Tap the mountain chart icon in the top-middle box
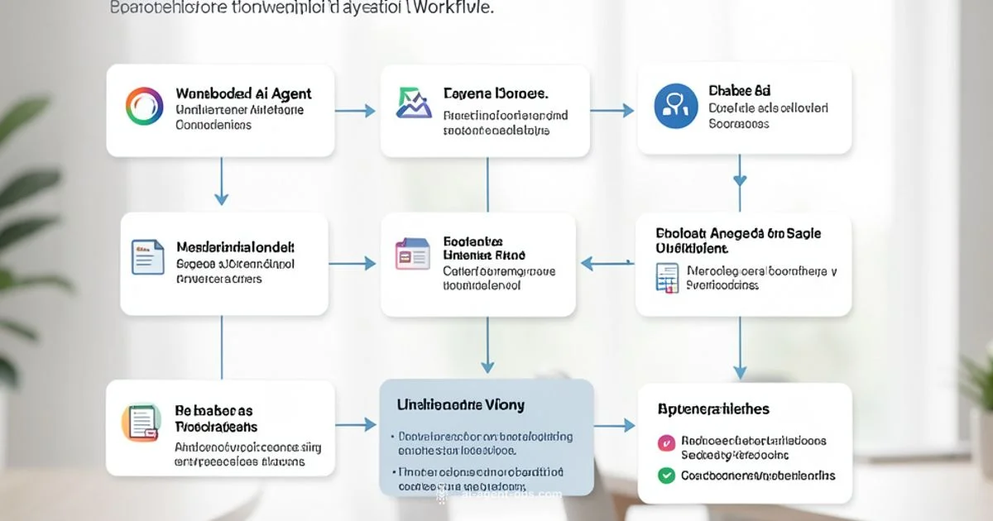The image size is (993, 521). tap(414, 103)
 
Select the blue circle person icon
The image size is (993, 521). tap(675, 107)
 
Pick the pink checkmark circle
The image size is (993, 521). tap(665, 443)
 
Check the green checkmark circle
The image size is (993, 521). tap(665, 476)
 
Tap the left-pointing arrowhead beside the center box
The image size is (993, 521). tap(587, 264)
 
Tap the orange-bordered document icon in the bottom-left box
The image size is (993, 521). tap(139, 422)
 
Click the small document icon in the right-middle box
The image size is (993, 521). tap(667, 277)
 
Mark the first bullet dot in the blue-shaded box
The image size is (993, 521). tap(391, 436)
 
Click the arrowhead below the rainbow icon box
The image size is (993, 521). tap(221, 198)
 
